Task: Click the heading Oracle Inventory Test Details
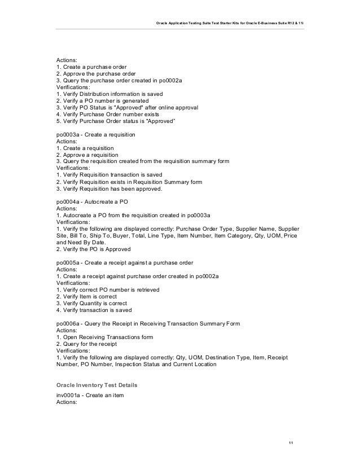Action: [96, 384]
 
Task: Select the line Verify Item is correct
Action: [91, 296]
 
